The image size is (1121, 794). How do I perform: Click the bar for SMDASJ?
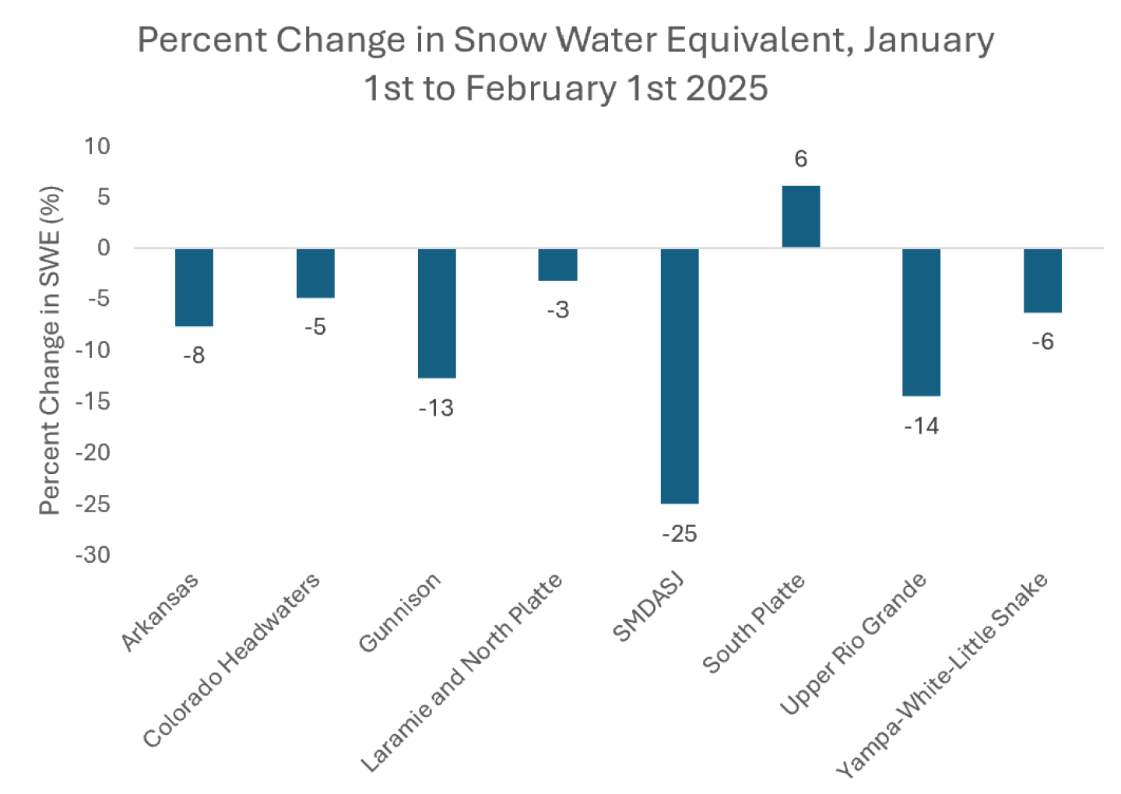(x=680, y=376)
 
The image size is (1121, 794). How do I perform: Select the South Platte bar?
(x=800, y=217)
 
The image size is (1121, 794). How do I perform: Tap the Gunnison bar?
(x=437, y=313)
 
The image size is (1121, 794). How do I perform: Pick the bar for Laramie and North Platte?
(x=557, y=265)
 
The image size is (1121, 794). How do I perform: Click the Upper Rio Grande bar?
(x=921, y=322)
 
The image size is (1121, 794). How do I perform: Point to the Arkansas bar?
(x=194, y=287)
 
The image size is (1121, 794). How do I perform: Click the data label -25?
(x=679, y=534)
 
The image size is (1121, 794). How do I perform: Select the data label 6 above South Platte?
(x=800, y=160)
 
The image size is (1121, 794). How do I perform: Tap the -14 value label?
(x=921, y=427)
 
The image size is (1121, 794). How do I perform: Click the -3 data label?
(x=557, y=311)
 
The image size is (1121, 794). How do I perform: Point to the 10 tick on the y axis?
(x=97, y=146)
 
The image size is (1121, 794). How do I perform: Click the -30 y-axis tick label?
(x=93, y=555)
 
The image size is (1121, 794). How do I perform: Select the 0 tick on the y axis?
(x=104, y=248)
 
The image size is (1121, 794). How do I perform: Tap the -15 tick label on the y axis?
(x=93, y=402)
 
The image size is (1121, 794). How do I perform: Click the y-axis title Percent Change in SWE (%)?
(x=50, y=350)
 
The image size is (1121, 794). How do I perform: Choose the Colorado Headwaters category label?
(x=232, y=660)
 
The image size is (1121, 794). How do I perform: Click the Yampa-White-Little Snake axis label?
(x=942, y=676)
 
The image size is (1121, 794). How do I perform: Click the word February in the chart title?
(x=540, y=88)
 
